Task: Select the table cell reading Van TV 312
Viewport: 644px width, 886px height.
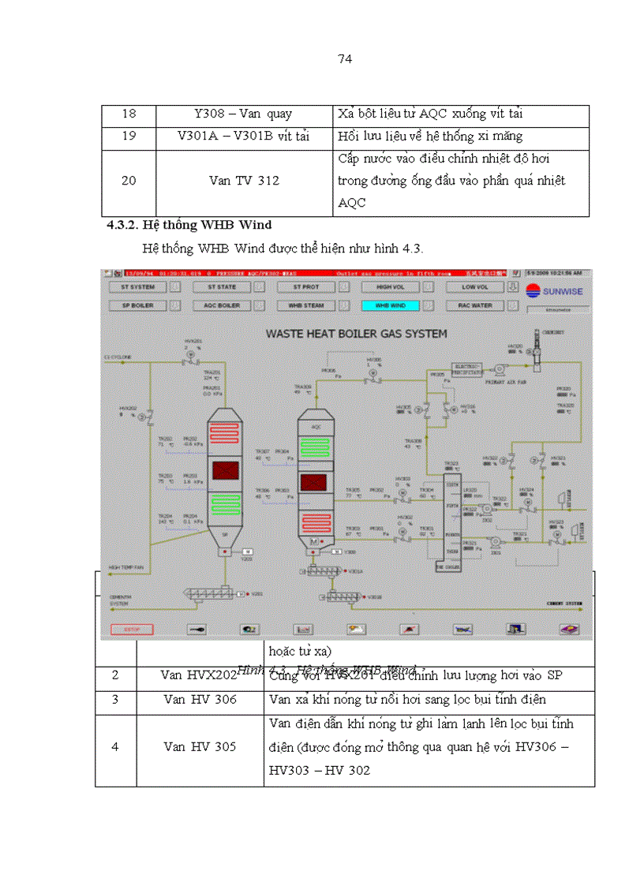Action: pos(244,181)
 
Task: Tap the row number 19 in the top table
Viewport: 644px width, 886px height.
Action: pos(129,136)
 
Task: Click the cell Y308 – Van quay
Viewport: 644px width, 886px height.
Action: pos(245,114)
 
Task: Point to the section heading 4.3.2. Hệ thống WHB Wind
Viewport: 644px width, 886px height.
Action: pos(189,226)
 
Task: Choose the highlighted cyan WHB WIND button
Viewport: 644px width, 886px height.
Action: pos(390,305)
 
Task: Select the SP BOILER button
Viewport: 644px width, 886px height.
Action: pos(133,305)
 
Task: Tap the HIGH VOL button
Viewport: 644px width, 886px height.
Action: pos(390,287)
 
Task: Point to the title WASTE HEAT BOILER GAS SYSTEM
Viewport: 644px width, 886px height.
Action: pos(356,334)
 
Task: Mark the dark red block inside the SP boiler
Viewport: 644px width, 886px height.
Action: pos(226,471)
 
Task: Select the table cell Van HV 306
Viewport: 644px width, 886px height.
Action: pos(200,700)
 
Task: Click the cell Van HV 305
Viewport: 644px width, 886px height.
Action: pos(200,746)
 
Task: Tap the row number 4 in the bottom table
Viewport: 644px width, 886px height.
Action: pos(115,746)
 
